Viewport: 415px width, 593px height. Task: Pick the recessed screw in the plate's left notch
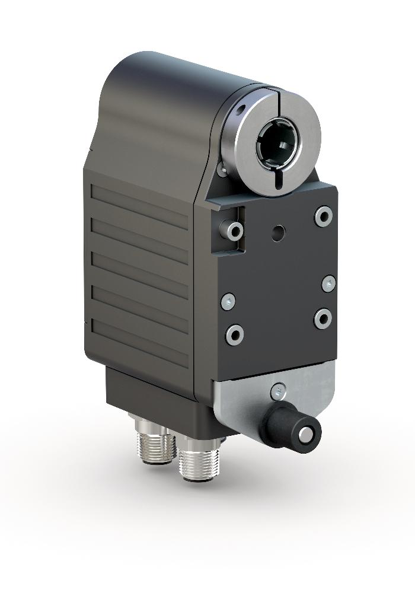point(230,229)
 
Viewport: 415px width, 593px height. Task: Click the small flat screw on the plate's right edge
point(328,284)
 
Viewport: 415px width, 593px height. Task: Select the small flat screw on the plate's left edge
point(228,302)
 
